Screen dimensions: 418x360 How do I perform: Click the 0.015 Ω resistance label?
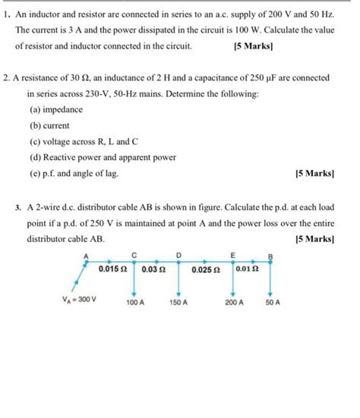tap(115, 269)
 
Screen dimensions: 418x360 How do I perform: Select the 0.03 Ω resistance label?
tap(153, 269)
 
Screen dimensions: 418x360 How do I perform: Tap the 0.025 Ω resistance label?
tap(205, 269)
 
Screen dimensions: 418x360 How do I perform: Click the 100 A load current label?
tap(136, 302)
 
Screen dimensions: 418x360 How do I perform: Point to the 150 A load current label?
tap(179, 302)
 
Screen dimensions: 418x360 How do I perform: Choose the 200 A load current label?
tap(235, 302)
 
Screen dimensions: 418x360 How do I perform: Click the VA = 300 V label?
tap(79, 299)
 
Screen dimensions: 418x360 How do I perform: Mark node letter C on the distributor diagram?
tap(134, 254)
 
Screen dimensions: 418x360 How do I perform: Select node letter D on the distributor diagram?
tap(179, 254)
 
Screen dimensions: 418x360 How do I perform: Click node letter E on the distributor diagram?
tap(232, 254)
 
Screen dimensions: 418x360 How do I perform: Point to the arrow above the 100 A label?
tap(134, 291)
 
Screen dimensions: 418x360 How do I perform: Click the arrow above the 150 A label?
tap(179, 291)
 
